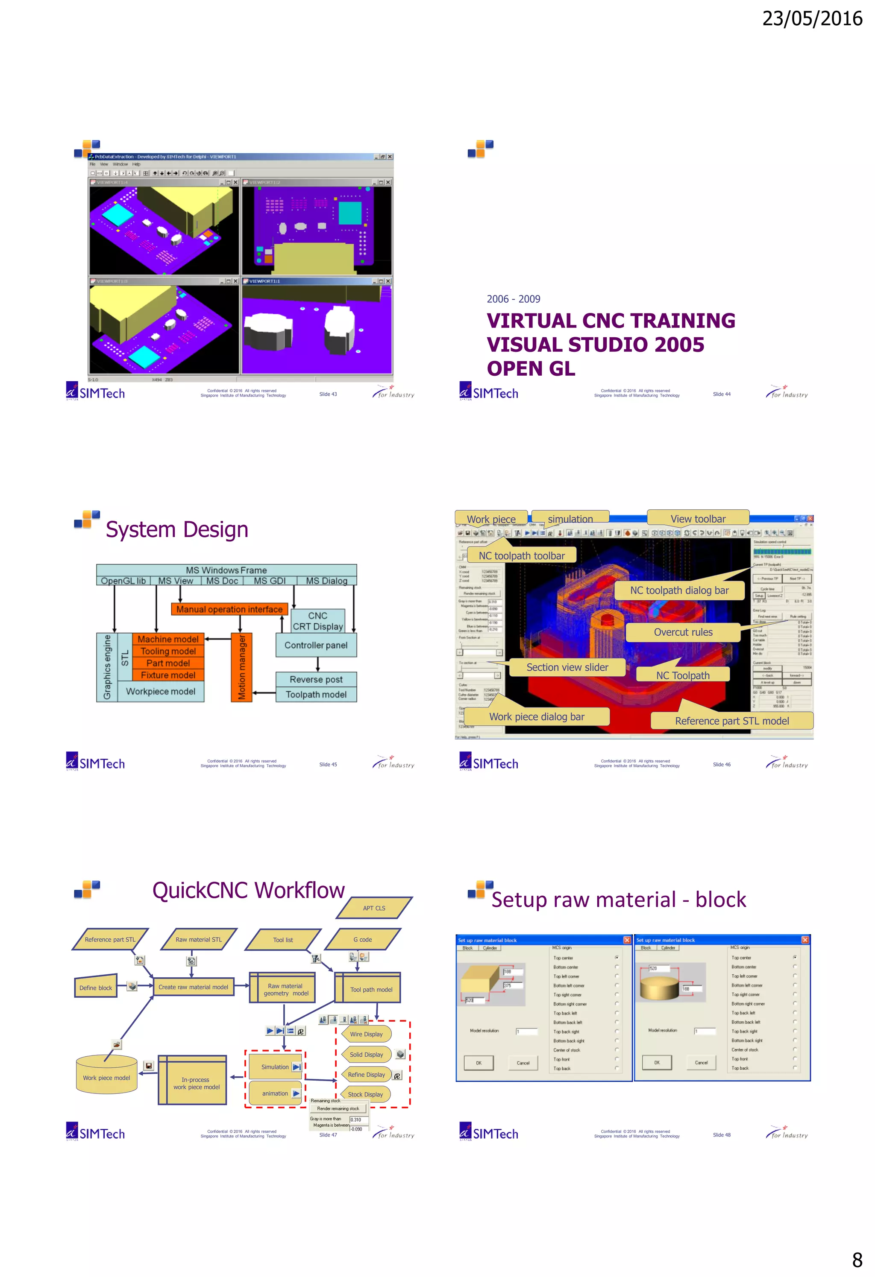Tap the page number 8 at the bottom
(856, 1259)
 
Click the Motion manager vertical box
(241, 667)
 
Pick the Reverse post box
(316, 679)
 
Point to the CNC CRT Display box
(317, 621)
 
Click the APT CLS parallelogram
(373, 908)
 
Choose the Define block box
(95, 988)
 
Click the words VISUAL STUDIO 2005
(595, 345)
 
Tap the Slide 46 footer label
(721, 764)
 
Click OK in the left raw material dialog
(478, 1063)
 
